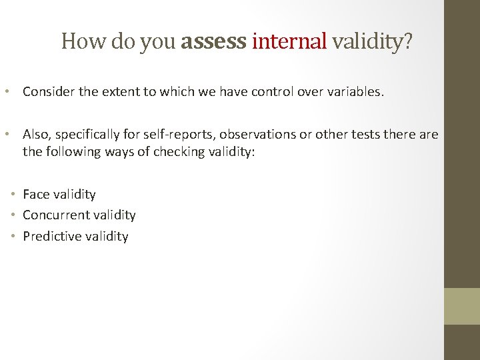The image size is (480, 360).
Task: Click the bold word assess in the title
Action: tap(214, 42)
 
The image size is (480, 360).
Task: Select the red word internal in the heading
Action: tap(290, 42)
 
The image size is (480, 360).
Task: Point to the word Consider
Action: tap(48, 92)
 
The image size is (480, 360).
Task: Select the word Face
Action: tap(36, 195)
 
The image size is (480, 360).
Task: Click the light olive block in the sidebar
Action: tap(462, 306)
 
